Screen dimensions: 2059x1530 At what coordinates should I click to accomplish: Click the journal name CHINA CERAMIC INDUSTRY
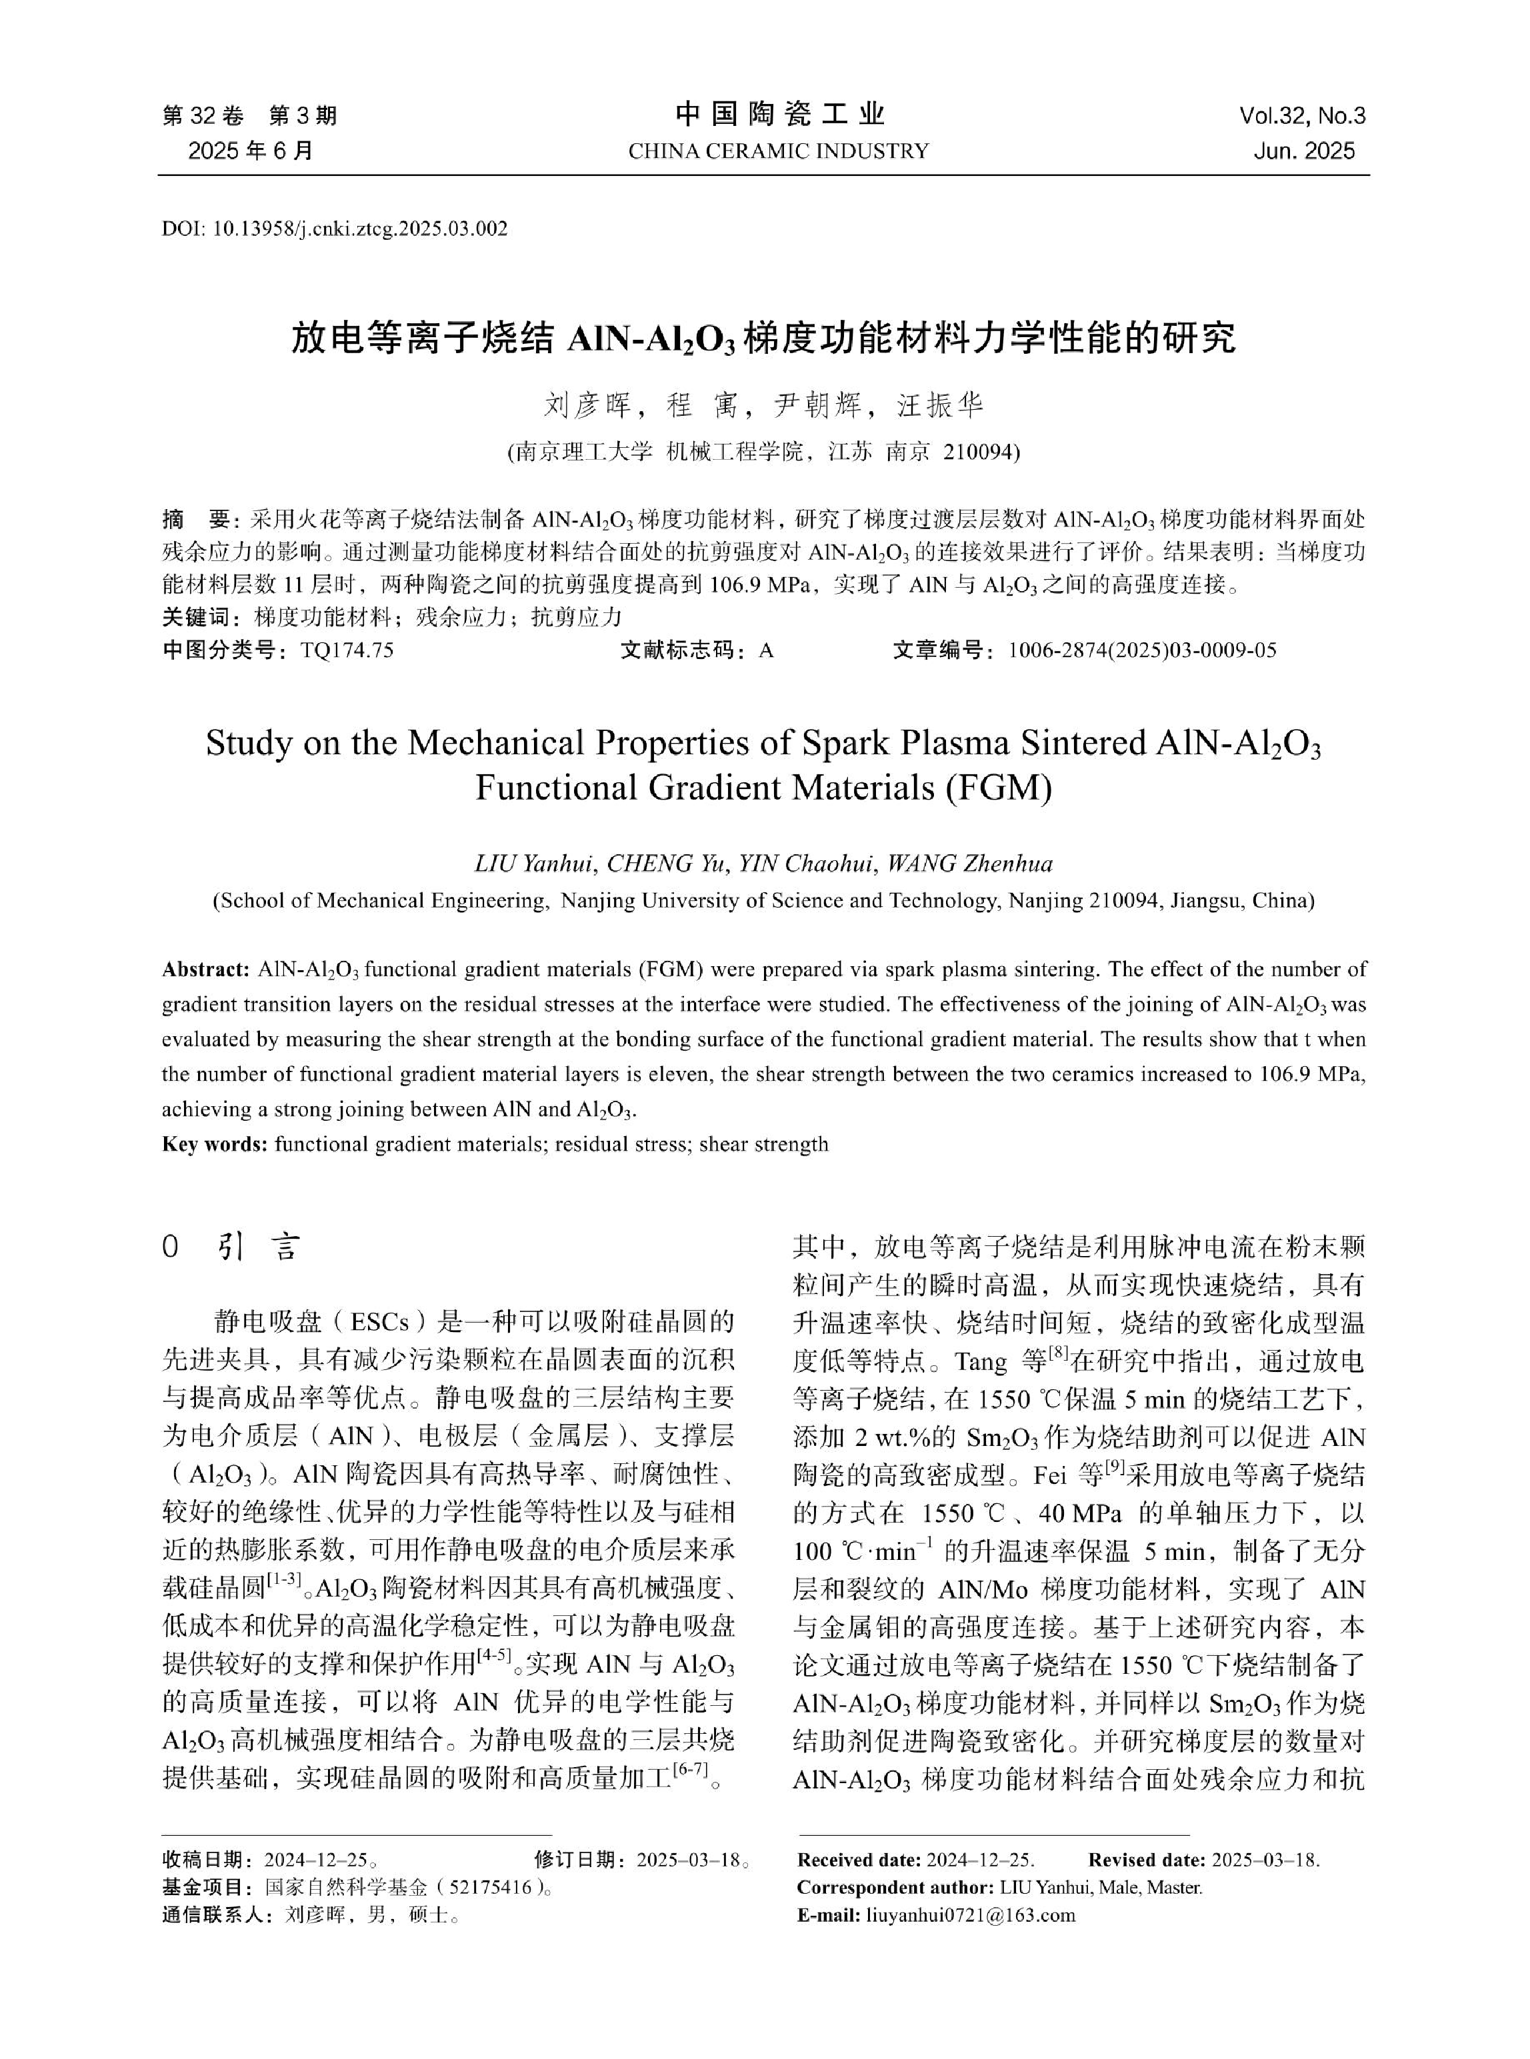pyautogui.click(x=778, y=151)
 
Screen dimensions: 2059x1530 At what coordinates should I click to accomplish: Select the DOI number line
pyautogui.click(x=335, y=229)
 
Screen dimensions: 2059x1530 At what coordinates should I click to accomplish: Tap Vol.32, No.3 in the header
pyautogui.click(x=1302, y=116)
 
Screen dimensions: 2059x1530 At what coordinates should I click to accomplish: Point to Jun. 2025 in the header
pyautogui.click(x=1304, y=151)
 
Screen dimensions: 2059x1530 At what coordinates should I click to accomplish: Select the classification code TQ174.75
pyautogui.click(x=347, y=650)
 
